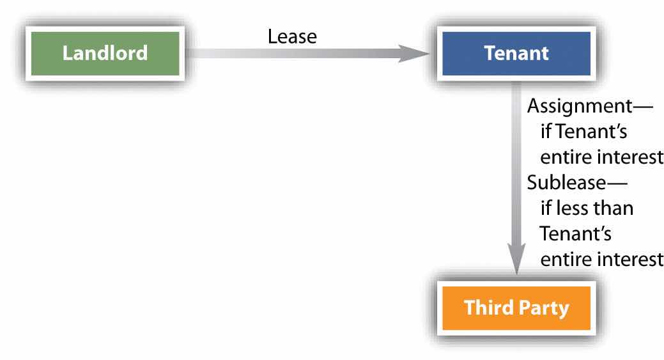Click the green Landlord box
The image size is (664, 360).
point(105,52)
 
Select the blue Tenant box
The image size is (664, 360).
point(516,52)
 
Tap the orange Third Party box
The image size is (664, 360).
point(516,308)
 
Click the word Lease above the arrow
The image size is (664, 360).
point(291,36)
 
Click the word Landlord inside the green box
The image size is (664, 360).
point(105,52)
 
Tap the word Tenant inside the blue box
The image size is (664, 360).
point(516,52)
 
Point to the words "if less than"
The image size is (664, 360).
point(587,208)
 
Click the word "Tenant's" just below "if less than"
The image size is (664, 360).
point(576,234)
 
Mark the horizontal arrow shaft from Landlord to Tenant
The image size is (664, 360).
point(288,52)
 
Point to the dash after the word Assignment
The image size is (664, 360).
point(642,106)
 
